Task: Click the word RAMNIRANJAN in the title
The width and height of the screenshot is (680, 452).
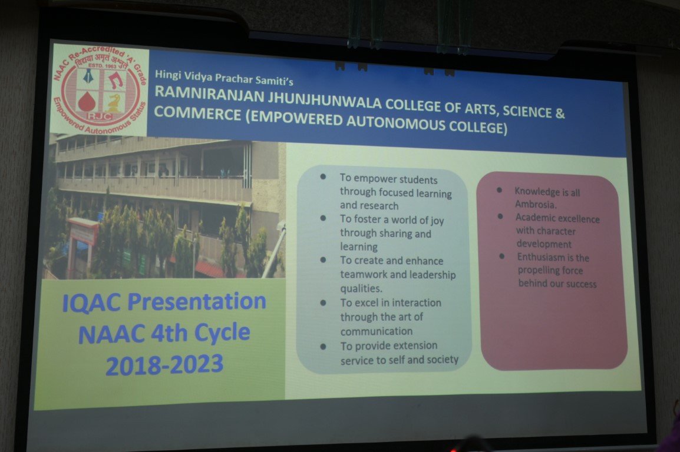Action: pos(209,94)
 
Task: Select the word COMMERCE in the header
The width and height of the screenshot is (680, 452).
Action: pos(197,114)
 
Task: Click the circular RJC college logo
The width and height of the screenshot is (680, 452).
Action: pos(100,90)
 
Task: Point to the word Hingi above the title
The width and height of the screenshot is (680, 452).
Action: pos(168,75)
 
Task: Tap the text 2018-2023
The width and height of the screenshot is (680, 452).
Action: pos(164,365)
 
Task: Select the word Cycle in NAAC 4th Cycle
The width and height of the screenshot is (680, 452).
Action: pos(222,333)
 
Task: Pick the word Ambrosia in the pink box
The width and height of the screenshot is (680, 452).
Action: pos(536,204)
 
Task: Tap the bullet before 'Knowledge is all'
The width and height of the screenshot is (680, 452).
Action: pos(499,190)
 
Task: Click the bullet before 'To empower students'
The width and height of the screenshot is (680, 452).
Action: pos(323,177)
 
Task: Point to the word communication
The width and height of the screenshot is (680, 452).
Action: pos(377,331)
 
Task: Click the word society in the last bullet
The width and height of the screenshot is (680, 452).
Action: pos(443,360)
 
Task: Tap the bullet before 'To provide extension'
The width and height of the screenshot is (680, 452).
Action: pos(323,347)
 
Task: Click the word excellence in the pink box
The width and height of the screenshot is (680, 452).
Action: pos(579,218)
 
